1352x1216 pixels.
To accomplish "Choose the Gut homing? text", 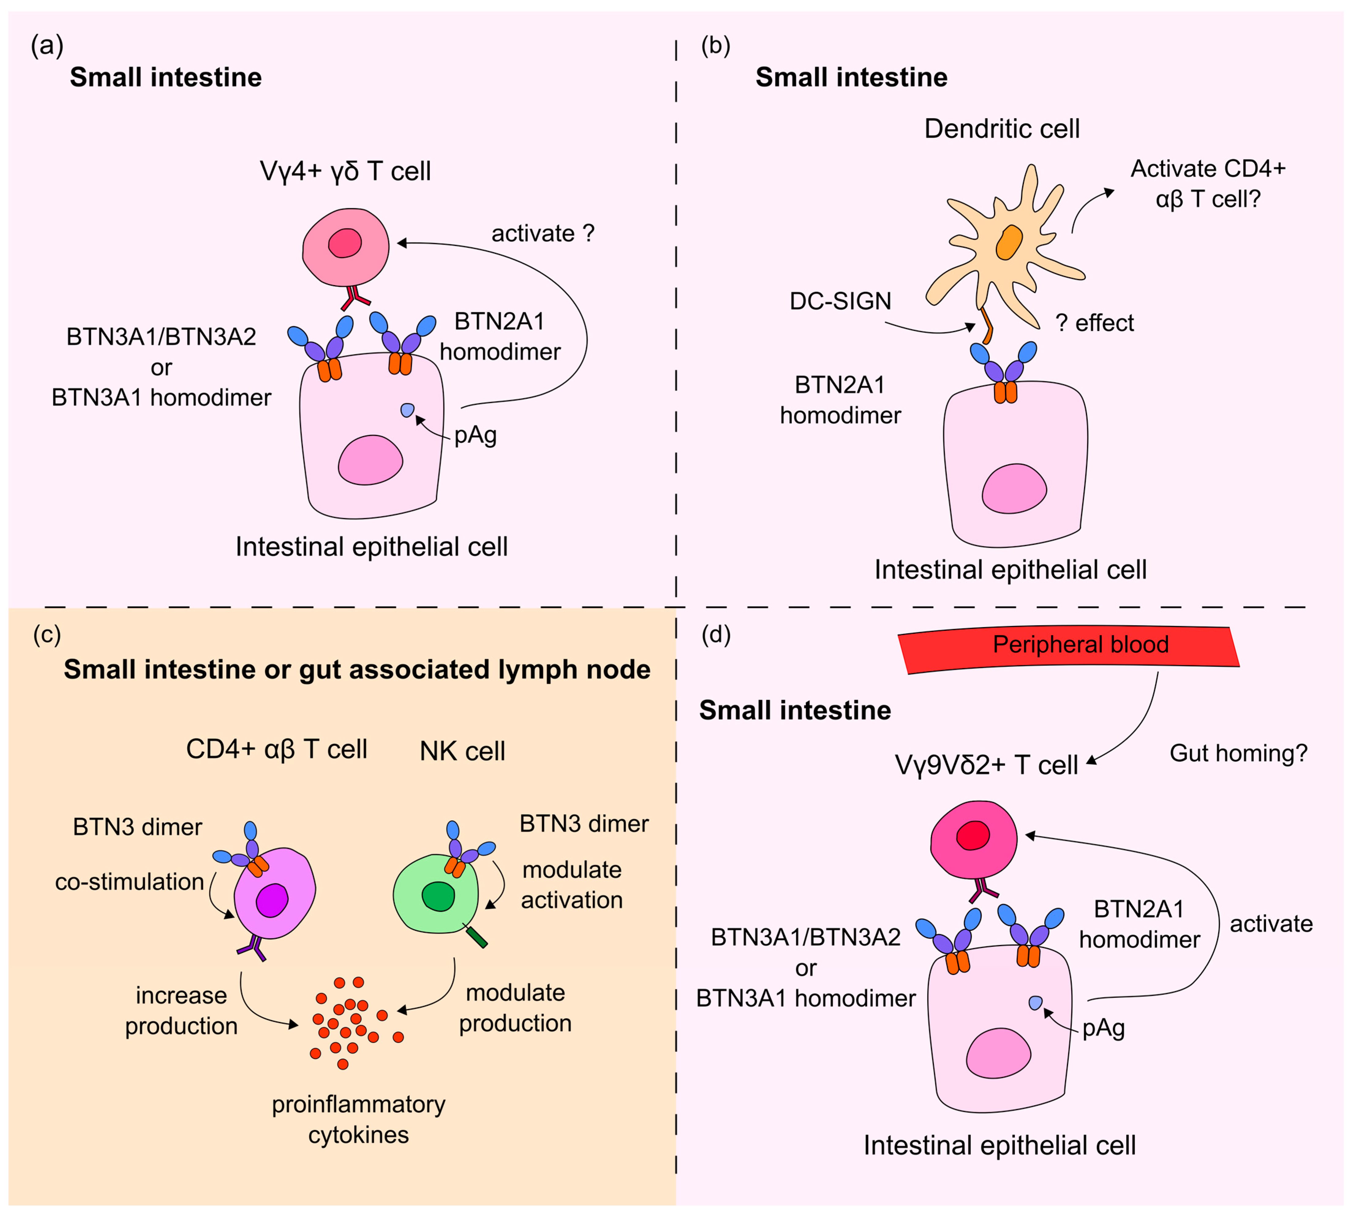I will [x=1238, y=753].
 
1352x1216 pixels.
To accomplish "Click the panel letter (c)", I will [x=47, y=634].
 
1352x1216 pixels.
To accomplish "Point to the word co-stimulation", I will [x=129, y=882].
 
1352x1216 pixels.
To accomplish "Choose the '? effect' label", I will [x=1094, y=323].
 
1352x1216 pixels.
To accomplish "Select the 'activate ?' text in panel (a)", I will [x=542, y=233].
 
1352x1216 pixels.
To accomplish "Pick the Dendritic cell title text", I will [x=1001, y=128].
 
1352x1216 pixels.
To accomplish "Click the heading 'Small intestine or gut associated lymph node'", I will [x=357, y=669].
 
